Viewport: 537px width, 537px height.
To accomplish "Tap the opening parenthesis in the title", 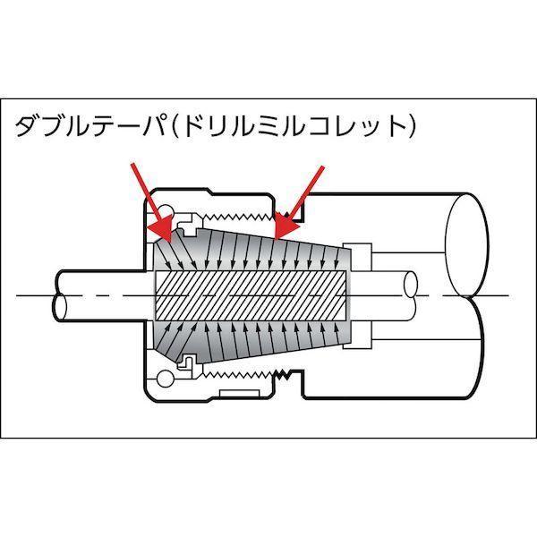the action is [175, 126].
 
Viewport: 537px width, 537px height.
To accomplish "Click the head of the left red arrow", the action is [162, 227].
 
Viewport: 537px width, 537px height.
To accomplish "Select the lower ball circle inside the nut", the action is [165, 379].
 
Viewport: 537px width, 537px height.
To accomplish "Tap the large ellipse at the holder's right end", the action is [466, 245].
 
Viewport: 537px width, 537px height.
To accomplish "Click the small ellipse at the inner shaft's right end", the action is [410, 285].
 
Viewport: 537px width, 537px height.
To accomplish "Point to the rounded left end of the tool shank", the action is [59, 296].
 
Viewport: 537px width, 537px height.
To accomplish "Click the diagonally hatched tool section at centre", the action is [252, 295].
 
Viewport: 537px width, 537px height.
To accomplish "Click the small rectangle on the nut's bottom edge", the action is [239, 394].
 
